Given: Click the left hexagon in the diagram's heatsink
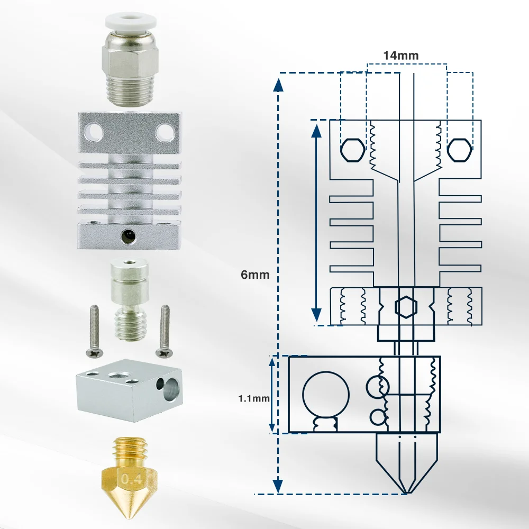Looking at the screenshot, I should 352,151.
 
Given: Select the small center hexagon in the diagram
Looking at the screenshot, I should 406,306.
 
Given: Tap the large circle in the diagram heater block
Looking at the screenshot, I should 326,395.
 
